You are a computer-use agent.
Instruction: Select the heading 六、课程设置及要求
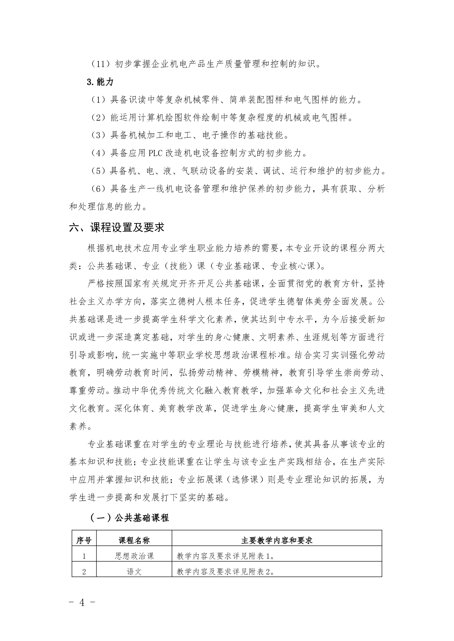(x=117, y=228)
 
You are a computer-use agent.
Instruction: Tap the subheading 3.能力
(x=100, y=82)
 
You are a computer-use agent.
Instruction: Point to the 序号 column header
(x=84, y=540)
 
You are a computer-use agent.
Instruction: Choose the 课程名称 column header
(x=134, y=540)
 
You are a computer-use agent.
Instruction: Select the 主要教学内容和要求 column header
(x=277, y=540)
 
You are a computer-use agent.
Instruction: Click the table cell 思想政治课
(x=134, y=556)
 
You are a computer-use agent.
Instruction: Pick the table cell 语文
(x=134, y=572)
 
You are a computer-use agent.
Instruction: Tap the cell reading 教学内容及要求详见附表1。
(x=226, y=556)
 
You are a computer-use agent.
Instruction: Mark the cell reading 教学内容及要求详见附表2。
(x=226, y=572)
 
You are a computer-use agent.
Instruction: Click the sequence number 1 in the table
(x=84, y=556)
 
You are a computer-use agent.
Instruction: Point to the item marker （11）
(x=100, y=64)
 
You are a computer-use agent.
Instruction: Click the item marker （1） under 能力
(x=98, y=100)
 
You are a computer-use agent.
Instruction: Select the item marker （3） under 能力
(x=98, y=136)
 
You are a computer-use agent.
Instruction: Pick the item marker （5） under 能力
(x=98, y=171)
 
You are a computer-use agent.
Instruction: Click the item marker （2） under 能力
(x=98, y=118)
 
